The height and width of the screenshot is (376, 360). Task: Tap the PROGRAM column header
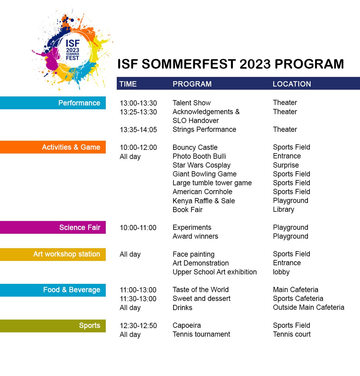[x=192, y=84]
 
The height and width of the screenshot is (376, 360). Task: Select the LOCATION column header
[x=292, y=84]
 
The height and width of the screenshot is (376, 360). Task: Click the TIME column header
[x=128, y=84]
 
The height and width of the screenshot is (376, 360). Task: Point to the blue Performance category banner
[x=53, y=103]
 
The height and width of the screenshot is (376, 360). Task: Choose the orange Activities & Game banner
[x=53, y=147]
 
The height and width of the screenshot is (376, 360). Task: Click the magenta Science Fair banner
[x=53, y=227]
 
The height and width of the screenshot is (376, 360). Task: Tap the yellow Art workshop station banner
[x=53, y=254]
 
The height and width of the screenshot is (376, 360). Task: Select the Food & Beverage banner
[x=53, y=290]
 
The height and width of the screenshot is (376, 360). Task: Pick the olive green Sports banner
[x=53, y=326]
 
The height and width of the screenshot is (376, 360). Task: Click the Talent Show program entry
[x=191, y=103]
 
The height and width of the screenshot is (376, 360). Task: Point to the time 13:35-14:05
[x=138, y=130]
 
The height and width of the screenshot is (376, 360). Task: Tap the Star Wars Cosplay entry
[x=201, y=165]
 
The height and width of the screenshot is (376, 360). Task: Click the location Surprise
[x=286, y=165]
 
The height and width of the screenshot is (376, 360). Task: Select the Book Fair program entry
[x=187, y=210]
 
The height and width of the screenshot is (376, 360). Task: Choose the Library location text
[x=283, y=209]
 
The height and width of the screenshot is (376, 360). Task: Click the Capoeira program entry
[x=187, y=325]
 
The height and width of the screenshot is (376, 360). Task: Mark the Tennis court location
[x=292, y=334]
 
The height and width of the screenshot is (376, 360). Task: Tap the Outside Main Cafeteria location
[x=308, y=307]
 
